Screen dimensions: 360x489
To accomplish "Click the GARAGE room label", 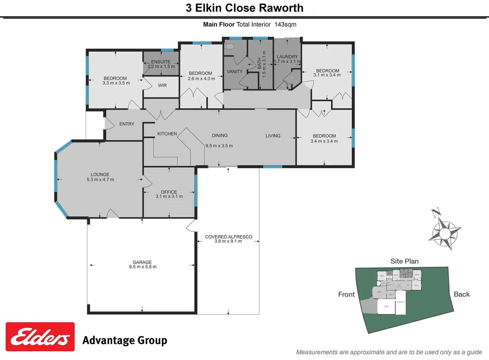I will (142, 262).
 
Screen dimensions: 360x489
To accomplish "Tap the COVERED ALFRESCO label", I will (229, 237).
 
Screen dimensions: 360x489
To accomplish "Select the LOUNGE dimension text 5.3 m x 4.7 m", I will (100, 180).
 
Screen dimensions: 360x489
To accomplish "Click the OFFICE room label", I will (169, 192).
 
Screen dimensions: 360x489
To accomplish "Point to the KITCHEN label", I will (167, 134).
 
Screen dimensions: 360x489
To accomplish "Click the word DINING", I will (220, 136).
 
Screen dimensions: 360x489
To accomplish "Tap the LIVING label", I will (273, 136).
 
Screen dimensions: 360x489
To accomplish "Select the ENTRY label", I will (127, 124).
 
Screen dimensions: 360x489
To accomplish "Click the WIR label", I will (162, 85).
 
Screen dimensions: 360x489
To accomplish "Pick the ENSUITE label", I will (161, 62).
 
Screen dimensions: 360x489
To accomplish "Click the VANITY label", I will (235, 71).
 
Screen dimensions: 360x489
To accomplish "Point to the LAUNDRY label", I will (287, 57).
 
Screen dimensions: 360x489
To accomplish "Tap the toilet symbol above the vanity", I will (230, 46).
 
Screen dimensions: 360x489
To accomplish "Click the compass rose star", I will (445, 233).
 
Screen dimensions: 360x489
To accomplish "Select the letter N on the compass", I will (436, 212).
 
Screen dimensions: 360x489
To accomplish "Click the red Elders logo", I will (40, 337).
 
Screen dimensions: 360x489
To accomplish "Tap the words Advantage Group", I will (125, 340).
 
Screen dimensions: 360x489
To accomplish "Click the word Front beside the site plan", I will (346, 294).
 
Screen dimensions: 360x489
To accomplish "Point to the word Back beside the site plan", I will (462, 294).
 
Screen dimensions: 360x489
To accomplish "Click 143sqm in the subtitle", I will (285, 24).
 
